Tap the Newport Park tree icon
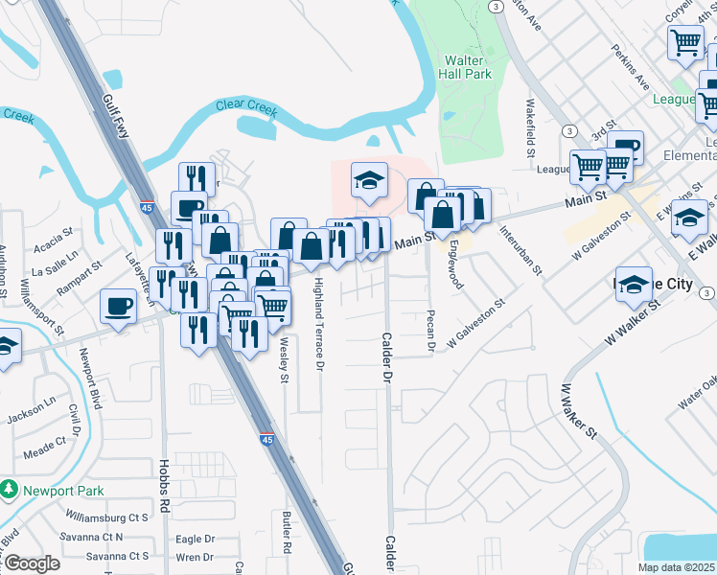[10, 489]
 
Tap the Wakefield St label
[529, 127]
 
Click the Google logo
[32, 563]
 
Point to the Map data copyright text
[676, 567]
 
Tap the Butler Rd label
[287, 532]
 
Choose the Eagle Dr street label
[196, 540]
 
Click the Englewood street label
[454, 266]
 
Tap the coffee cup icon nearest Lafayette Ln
[119, 306]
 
